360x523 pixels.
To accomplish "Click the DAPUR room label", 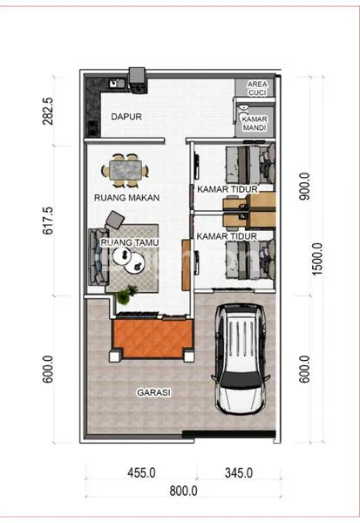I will (126, 115).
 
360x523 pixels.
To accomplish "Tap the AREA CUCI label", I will (257, 86).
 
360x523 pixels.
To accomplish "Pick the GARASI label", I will (153, 392).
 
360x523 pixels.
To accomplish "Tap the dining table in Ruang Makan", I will (125, 168).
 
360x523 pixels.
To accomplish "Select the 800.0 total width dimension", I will (183, 491).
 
